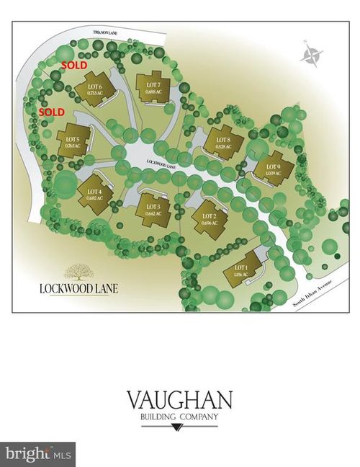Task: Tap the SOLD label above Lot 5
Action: pos(51,113)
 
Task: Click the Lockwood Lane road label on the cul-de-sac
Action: pos(161,164)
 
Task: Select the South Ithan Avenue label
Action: pos(315,293)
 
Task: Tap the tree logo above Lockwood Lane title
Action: pos(78,272)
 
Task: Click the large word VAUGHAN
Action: pos(180,399)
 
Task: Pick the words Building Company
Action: pos(180,417)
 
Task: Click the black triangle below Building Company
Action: pos(180,430)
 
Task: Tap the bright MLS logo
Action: pos(37,453)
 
